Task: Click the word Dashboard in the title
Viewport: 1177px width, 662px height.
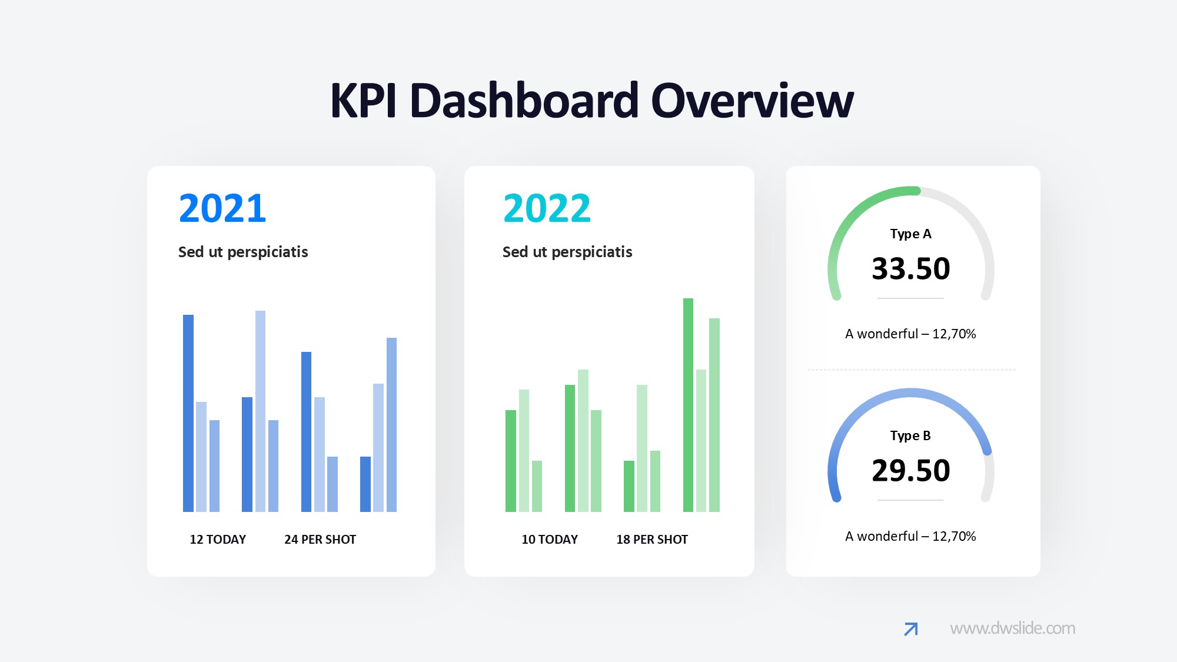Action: click(x=524, y=101)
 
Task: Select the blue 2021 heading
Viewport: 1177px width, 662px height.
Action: click(x=222, y=208)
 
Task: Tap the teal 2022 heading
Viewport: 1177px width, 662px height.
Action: click(x=547, y=208)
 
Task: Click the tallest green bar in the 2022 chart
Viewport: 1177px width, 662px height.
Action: click(x=688, y=405)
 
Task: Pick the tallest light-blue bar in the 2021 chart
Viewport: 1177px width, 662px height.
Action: click(x=260, y=411)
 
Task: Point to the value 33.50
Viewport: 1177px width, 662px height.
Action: click(x=911, y=268)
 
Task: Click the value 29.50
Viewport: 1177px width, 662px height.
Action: click(x=911, y=470)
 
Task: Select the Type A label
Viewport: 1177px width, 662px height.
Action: click(x=910, y=234)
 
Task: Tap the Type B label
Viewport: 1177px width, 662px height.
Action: click(x=910, y=435)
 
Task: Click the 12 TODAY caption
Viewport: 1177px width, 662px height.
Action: click(x=218, y=539)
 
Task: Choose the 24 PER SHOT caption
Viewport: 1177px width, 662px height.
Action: click(x=320, y=539)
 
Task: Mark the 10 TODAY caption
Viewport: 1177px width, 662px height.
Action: click(x=550, y=539)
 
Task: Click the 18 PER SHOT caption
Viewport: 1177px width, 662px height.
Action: click(x=652, y=539)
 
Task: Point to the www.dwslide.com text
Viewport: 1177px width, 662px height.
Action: click(x=1012, y=628)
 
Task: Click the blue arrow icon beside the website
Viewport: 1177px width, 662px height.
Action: click(x=911, y=629)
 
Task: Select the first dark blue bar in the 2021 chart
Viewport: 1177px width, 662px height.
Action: click(x=188, y=413)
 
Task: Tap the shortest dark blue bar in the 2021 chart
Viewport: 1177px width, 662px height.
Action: click(x=365, y=484)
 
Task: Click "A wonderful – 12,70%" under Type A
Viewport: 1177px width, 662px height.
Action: click(x=910, y=334)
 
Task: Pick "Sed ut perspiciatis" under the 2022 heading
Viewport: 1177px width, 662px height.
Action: click(x=567, y=252)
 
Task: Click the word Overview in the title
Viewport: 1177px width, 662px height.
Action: click(x=752, y=101)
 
